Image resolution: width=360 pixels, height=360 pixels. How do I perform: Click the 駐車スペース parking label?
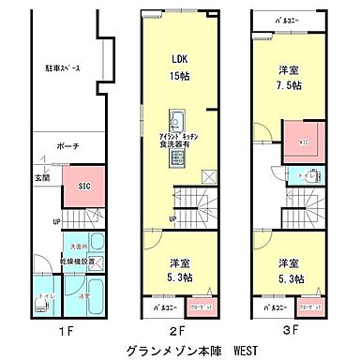(x=62, y=67)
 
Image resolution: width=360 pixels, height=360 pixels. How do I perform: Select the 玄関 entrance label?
(x=42, y=178)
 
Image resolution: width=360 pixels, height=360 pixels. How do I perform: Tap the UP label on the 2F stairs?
(x=173, y=220)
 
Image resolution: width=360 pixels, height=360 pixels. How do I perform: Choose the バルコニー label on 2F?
(x=164, y=307)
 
